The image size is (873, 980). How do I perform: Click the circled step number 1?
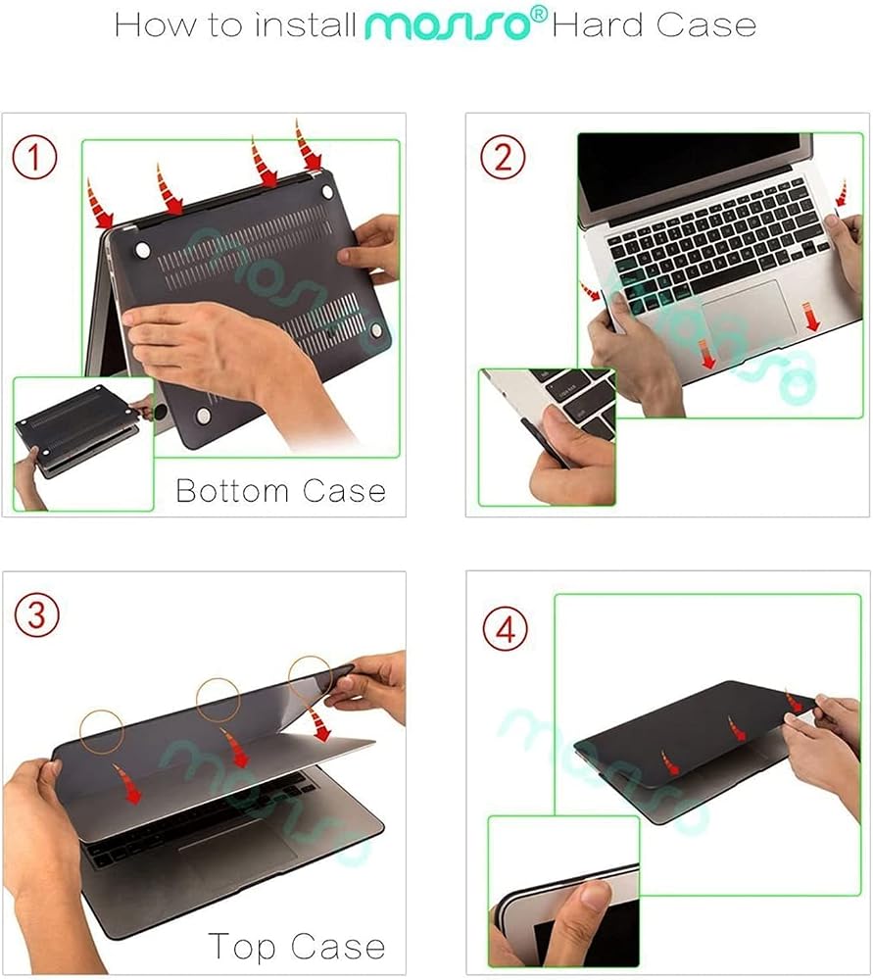tap(35, 158)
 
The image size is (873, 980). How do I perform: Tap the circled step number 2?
tap(503, 157)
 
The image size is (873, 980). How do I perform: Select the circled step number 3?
tap(37, 615)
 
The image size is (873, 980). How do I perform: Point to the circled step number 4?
tap(506, 629)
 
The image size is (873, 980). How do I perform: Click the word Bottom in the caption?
tap(232, 491)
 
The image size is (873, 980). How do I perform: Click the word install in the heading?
tap(306, 25)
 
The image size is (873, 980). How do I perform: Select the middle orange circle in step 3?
tap(218, 700)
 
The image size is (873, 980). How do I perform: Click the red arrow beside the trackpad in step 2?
tap(810, 316)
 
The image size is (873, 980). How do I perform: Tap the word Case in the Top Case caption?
tap(338, 947)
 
